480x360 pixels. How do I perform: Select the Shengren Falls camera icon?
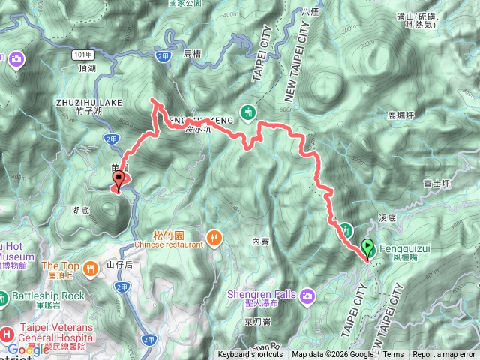pyautogui.click(x=307, y=295)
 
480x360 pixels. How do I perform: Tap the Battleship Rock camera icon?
pyautogui.click(x=4, y=295)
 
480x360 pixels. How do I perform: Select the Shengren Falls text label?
pyautogui.click(x=262, y=294)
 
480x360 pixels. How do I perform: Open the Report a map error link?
pyautogui.click(x=445, y=355)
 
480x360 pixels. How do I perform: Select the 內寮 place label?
pyautogui.click(x=260, y=241)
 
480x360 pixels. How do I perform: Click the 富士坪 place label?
pyautogui.click(x=436, y=181)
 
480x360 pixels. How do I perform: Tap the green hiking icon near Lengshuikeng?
pyautogui.click(x=252, y=110)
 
